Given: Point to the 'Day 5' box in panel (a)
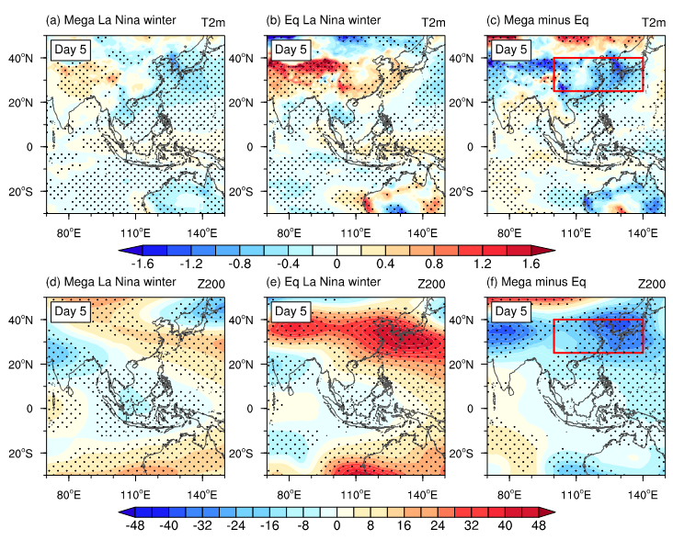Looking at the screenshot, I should [72, 49].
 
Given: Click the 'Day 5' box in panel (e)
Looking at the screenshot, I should [291, 310].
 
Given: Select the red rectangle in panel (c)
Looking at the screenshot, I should [598, 74].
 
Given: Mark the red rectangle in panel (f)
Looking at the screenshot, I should [598, 336].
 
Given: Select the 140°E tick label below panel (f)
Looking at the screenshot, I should [641, 492].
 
